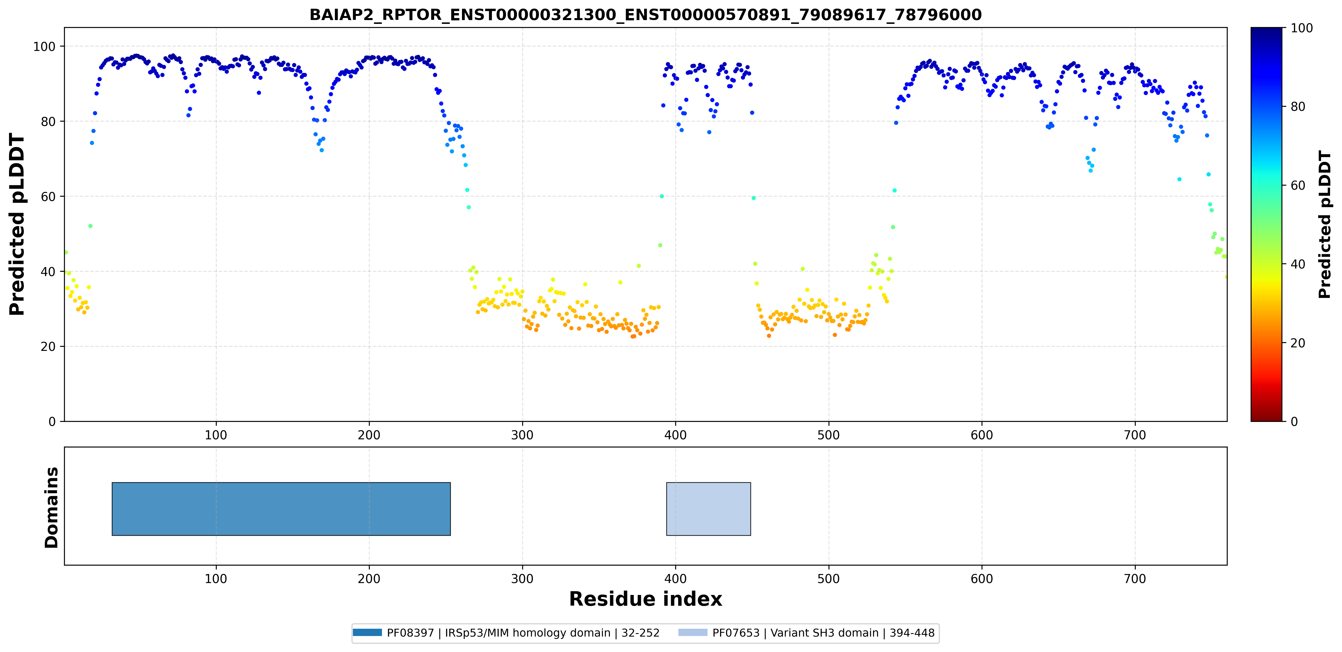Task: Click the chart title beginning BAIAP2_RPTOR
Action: tap(646, 15)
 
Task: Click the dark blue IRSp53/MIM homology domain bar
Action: tap(281, 509)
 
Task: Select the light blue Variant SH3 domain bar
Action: tap(708, 509)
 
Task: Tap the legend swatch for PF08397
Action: tap(367, 633)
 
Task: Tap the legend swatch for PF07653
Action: tap(693, 633)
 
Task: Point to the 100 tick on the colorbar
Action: tap(1301, 28)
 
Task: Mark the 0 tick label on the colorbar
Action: tap(1294, 422)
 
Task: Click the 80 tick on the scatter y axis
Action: tap(48, 121)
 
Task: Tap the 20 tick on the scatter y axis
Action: tap(48, 347)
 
